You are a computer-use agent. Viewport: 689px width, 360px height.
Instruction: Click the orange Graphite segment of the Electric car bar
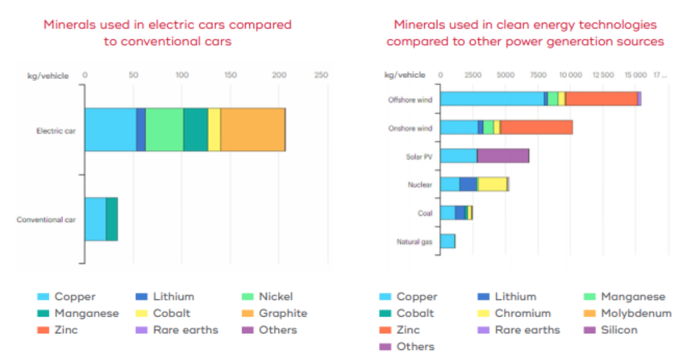click(252, 130)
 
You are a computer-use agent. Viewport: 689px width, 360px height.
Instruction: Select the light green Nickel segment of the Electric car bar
click(164, 130)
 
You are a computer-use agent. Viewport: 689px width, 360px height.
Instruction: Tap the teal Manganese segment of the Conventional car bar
click(112, 219)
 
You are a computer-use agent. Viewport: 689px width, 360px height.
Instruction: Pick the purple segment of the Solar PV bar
click(503, 156)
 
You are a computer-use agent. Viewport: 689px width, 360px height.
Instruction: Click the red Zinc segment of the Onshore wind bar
click(536, 127)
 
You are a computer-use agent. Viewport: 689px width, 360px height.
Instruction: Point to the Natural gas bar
click(447, 241)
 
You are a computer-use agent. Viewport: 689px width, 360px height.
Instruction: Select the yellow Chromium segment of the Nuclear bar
click(492, 184)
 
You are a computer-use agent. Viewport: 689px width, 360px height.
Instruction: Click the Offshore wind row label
click(410, 100)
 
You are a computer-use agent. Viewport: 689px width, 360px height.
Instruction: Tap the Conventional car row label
click(48, 220)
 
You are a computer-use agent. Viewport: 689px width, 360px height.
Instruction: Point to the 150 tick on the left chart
click(230, 76)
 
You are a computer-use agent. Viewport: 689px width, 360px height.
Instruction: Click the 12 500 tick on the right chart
click(603, 76)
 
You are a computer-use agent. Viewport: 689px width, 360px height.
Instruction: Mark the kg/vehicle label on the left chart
click(48, 76)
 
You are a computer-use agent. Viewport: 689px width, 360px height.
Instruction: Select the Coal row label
click(425, 213)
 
